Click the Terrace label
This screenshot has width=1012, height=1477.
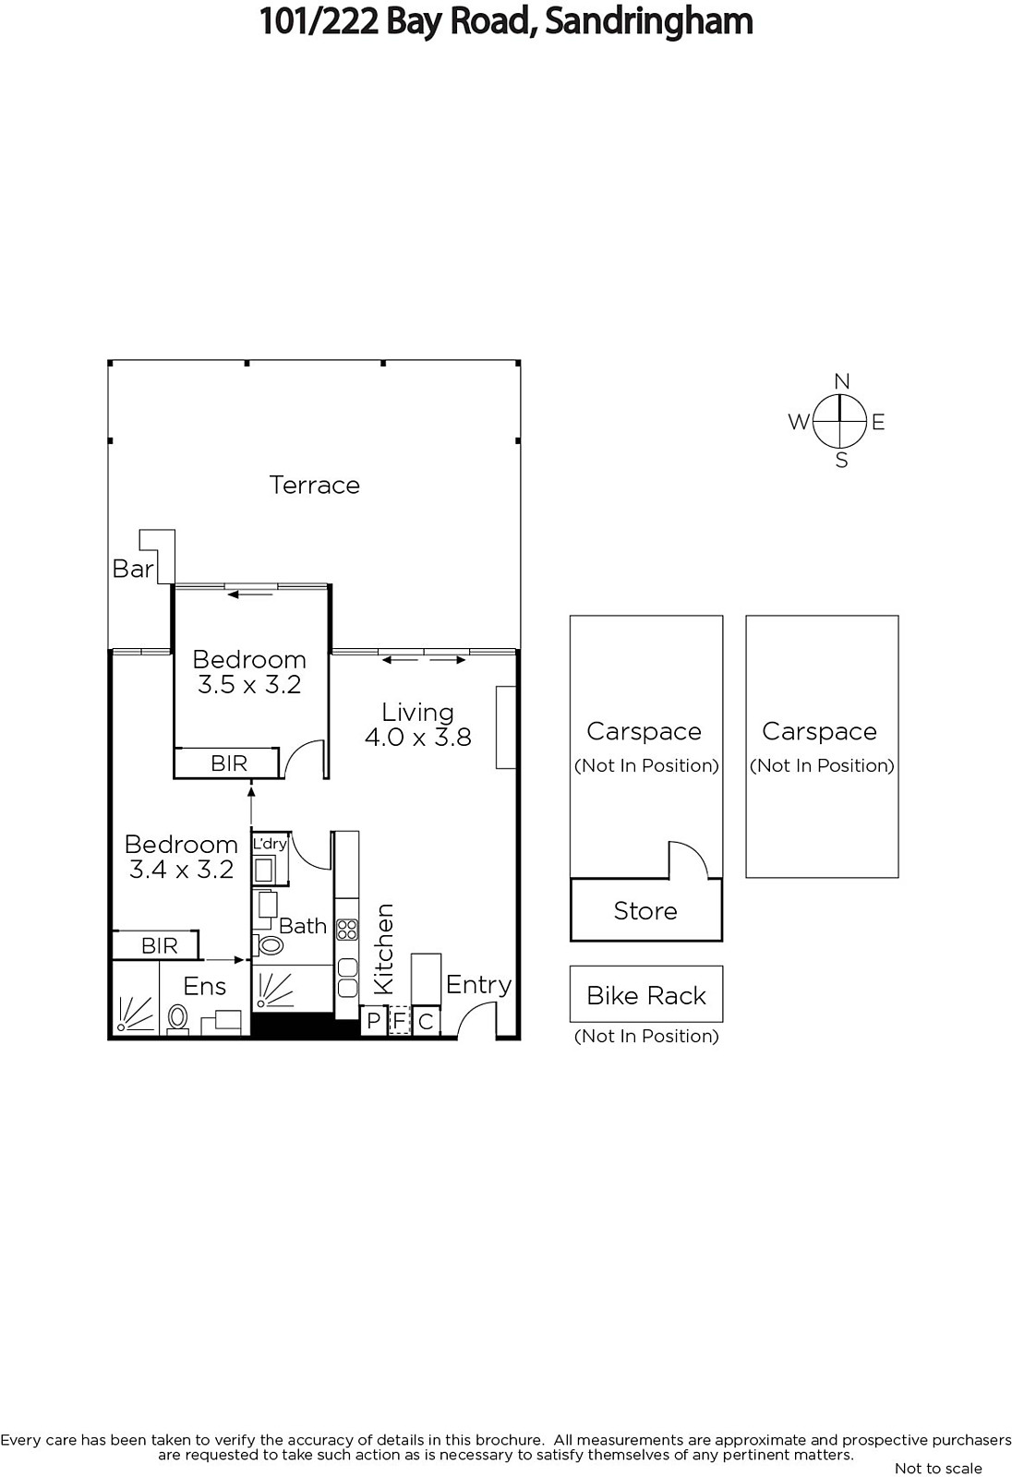[x=314, y=485]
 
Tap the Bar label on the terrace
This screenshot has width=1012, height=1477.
[x=133, y=569]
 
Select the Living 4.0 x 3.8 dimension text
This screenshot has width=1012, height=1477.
[x=418, y=725]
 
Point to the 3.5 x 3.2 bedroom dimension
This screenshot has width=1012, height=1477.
[x=249, y=684]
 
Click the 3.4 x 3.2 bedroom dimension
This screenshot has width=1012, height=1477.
[x=181, y=870]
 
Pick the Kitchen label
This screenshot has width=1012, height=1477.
[x=383, y=949]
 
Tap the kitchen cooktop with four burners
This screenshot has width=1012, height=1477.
[x=347, y=930]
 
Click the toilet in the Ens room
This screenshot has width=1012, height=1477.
[x=177, y=1017]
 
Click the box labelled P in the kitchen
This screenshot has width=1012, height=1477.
[x=373, y=1021]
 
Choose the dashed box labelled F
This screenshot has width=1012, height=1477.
[x=399, y=1021]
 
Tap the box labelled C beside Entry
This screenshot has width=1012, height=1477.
[x=426, y=1021]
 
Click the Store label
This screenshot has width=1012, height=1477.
[x=645, y=910]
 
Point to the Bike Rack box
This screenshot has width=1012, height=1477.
[x=645, y=994]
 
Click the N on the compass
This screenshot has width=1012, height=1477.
[x=841, y=381]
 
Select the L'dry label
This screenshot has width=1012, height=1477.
[x=270, y=844]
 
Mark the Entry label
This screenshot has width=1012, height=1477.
[x=479, y=985]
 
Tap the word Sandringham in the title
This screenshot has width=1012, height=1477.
[x=648, y=22]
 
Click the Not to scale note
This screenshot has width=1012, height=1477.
[x=938, y=1468]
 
